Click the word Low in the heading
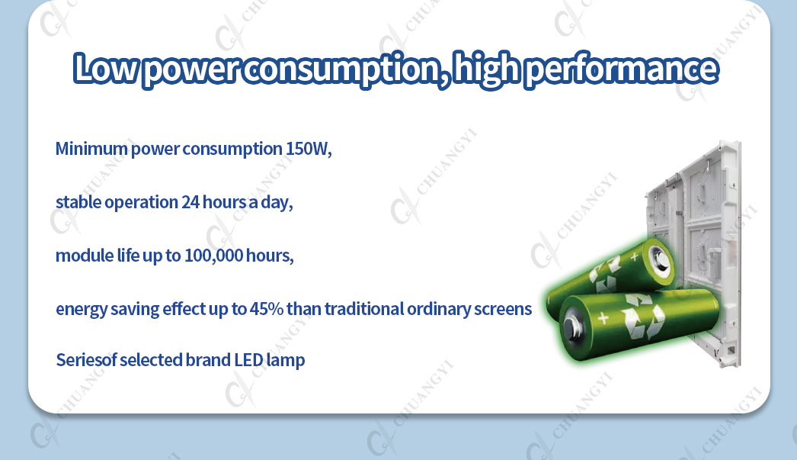point(105,68)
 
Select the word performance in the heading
point(621,69)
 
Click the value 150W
point(309,149)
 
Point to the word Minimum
point(91,149)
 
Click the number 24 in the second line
point(190,202)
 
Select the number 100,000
point(214,256)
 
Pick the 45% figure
point(267,309)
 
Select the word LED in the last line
point(248,360)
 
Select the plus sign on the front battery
point(603,319)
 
